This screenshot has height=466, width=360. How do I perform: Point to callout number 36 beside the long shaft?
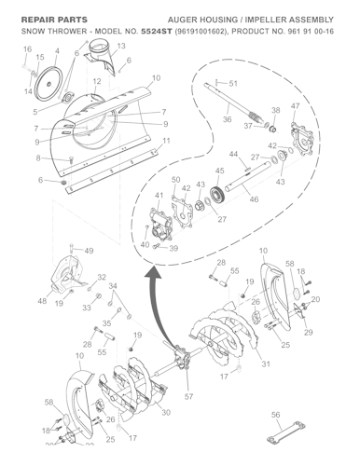pos(227,120)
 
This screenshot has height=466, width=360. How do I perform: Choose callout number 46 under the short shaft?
pos(253,199)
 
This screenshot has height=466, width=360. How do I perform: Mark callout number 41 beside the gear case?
pos(159,195)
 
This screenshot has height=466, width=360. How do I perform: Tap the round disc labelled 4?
pos(66,96)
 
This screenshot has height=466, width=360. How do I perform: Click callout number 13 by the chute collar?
pos(121,46)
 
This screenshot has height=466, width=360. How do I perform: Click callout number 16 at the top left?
pos(26,48)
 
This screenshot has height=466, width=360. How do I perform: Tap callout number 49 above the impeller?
pos(89,251)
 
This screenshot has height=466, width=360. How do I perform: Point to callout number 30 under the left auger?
pos(166,412)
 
